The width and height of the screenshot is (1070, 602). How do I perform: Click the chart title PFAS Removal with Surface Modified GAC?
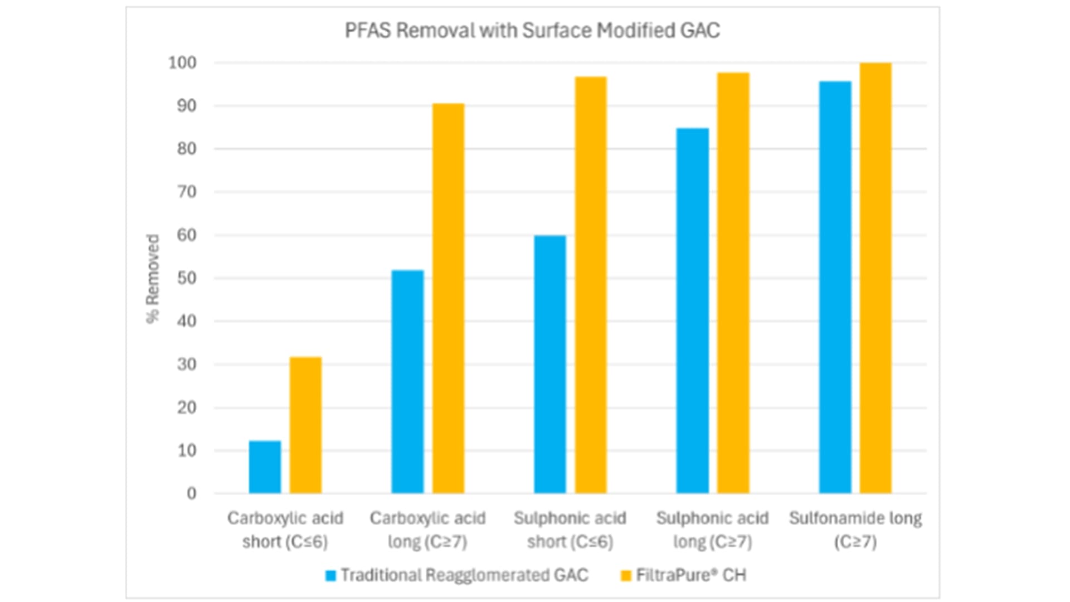click(532, 31)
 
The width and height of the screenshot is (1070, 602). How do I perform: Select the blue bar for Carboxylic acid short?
click(265, 467)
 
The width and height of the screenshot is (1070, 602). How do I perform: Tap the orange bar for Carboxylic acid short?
click(305, 425)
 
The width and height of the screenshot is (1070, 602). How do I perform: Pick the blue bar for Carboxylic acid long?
click(407, 382)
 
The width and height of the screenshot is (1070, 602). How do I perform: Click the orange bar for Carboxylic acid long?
click(448, 298)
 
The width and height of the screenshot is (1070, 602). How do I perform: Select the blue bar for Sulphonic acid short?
click(550, 365)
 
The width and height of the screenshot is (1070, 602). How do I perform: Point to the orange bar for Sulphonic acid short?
click(591, 285)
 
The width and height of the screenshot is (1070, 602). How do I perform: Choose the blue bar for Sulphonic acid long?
click(693, 310)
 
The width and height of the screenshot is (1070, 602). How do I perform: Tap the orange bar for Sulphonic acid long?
click(733, 283)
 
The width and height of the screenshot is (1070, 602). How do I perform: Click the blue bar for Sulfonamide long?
click(835, 287)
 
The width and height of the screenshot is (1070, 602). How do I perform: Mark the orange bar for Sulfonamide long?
click(876, 278)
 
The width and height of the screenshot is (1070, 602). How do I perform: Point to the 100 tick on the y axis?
click(183, 63)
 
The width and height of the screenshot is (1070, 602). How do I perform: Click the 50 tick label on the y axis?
click(187, 278)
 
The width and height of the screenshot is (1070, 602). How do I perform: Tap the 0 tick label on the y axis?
click(192, 494)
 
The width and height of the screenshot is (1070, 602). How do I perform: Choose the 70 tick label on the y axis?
click(187, 192)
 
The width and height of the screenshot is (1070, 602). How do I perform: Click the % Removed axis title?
click(153, 278)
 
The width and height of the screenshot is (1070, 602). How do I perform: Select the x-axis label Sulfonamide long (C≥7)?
click(855, 530)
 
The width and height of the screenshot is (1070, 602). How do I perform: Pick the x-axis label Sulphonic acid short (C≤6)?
click(570, 530)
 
